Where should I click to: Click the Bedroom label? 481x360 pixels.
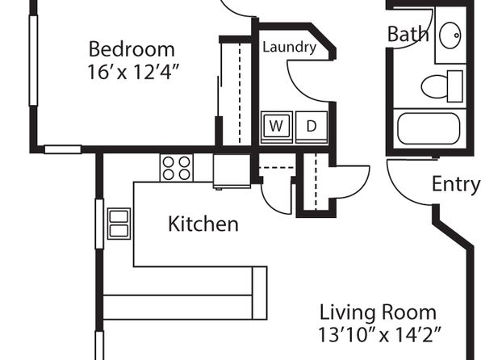coord(132,49)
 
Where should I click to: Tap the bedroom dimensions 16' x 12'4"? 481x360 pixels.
coord(133,73)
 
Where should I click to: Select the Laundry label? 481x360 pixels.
coord(289,48)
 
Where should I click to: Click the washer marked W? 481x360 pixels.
coord(276,127)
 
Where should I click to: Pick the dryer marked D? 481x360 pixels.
coord(312,127)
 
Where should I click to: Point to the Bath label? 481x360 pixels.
coord(408,34)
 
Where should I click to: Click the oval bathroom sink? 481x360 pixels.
coord(450,36)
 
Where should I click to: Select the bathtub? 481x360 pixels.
coord(429,129)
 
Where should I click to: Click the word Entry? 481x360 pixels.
coord(455,185)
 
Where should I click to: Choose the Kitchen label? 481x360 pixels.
coord(203,224)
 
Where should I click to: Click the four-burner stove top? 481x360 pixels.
coord(177,168)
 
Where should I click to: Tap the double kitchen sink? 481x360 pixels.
coord(119,224)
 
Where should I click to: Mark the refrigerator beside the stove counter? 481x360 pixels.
coord(232,171)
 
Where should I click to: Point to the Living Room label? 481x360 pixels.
coord(378,312)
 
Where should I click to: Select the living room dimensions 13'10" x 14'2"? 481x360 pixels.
coord(380,334)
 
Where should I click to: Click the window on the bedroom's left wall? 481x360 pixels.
coord(33,61)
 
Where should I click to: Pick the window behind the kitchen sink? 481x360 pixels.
coord(99,224)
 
